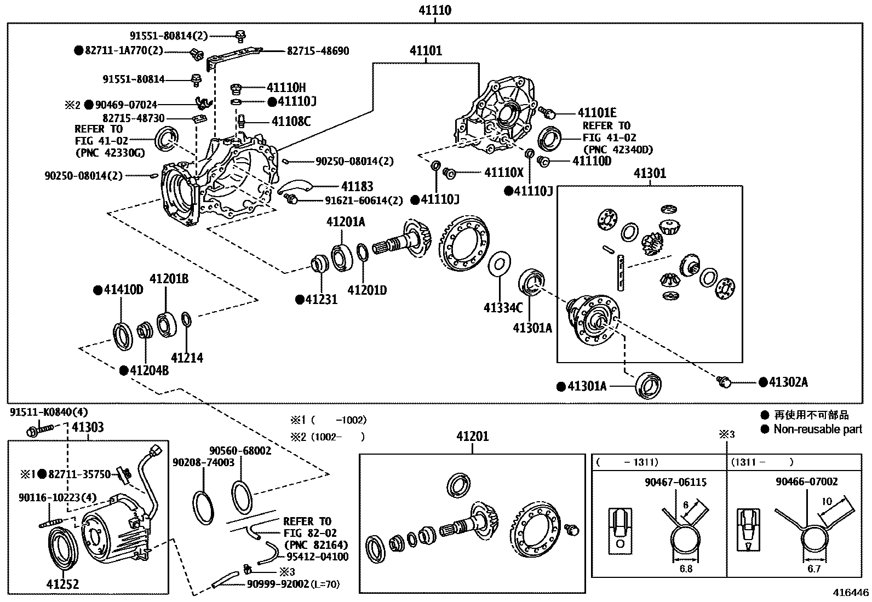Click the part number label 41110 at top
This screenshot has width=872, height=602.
(435, 10)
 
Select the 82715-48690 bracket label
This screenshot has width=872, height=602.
(318, 51)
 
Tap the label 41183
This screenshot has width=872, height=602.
(357, 187)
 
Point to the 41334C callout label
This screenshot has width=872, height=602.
(503, 308)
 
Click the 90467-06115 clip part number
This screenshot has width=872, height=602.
(675, 483)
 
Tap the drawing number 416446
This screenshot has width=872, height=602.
(851, 593)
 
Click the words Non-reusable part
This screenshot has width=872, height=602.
(817, 429)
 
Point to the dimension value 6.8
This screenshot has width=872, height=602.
(686, 569)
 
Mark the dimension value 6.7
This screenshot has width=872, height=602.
(814, 569)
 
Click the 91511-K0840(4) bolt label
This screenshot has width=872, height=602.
(48, 412)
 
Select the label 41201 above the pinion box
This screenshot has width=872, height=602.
(472, 437)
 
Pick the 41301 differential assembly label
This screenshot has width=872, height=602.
(650, 174)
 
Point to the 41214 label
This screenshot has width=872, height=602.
(187, 358)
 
